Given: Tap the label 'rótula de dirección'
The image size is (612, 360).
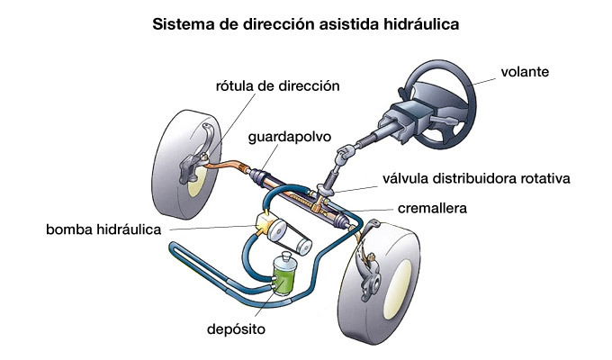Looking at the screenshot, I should [277, 86].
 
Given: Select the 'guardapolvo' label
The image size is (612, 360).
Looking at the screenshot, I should [289, 137].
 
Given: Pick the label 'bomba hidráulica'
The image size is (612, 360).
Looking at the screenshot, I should [103, 229].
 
